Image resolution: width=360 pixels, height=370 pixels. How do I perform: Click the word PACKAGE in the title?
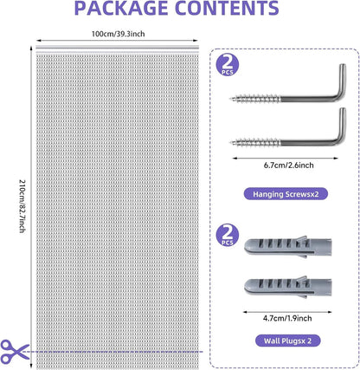coord(121,8)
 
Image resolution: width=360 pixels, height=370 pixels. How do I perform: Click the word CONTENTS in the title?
coord(228,8)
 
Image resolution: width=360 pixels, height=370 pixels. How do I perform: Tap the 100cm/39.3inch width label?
coord(119,34)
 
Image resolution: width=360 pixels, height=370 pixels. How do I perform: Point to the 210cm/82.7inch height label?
coord(22,206)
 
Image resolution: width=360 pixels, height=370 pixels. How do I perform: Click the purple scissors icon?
coord(15,351)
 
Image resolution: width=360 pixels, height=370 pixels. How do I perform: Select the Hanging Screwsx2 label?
coord(286,194)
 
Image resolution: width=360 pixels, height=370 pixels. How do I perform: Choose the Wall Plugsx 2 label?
coord(287,341)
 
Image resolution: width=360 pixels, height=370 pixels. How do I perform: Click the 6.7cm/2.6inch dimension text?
coord(288,166)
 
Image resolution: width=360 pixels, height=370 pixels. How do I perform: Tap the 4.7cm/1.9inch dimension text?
coord(287,318)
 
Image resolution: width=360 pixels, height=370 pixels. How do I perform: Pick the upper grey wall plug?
coord(287,246)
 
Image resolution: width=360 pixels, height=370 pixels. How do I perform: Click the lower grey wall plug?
coord(287,287)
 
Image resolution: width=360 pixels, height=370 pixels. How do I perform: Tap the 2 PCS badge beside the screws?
coord(228,66)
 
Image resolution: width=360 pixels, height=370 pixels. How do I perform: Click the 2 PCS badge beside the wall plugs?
coord(228,237)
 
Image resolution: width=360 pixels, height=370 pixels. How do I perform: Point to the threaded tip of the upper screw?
coord(232,99)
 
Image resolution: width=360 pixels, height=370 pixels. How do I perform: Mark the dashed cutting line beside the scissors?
coord(112,352)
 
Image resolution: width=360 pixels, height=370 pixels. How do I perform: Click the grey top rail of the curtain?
coord(118,48)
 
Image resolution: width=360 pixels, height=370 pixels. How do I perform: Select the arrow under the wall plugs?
coord(287,312)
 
